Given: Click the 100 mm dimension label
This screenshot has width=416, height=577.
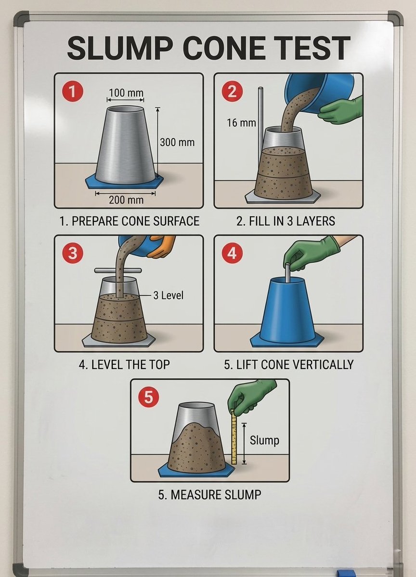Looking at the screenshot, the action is coord(126,93).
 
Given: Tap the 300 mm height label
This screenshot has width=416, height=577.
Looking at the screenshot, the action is coord(177,142).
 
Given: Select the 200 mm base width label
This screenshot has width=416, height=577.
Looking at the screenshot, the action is coord(126,200).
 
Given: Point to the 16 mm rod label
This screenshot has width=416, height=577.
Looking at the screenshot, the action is coord(241,123).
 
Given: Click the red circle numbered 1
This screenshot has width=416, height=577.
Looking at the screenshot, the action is coord(72,91).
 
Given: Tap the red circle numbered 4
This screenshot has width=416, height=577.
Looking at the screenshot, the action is coord(232,253).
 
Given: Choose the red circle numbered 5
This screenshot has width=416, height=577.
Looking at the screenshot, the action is coord(148,397).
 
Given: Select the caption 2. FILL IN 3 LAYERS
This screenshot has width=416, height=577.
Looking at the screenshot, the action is coord(286,221).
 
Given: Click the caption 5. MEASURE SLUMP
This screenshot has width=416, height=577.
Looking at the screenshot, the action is coord(210,495).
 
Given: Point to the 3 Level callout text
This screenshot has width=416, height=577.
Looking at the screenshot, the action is coord(168,295).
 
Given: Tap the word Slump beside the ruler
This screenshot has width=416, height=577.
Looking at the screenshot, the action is coord(264,440).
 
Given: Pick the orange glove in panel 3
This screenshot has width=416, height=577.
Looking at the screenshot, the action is coord(162,246).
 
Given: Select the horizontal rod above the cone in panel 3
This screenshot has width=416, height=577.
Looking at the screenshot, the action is coord(118,270).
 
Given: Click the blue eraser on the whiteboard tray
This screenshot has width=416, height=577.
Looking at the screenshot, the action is coord(346,573).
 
